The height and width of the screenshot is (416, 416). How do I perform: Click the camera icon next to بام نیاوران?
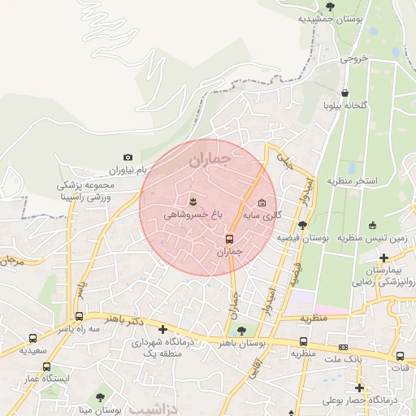[128, 157]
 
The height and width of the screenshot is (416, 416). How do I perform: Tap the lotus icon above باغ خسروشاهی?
[193, 200]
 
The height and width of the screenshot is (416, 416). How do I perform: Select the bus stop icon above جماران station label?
[229, 239]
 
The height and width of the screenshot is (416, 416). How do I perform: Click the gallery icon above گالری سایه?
[262, 203]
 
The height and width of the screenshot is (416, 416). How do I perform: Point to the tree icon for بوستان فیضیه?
[302, 225]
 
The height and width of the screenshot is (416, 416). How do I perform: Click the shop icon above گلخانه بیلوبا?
[347, 93]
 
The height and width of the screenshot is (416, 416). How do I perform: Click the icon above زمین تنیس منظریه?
[372, 225]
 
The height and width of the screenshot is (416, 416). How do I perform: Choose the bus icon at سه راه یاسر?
[79, 317]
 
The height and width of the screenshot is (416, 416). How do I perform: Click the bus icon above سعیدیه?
[32, 338]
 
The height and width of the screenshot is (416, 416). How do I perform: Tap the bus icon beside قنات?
[400, 356]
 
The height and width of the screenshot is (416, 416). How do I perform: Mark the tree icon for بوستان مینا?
[100, 397]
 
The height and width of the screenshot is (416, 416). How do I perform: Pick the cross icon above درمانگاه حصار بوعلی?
[359, 388]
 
